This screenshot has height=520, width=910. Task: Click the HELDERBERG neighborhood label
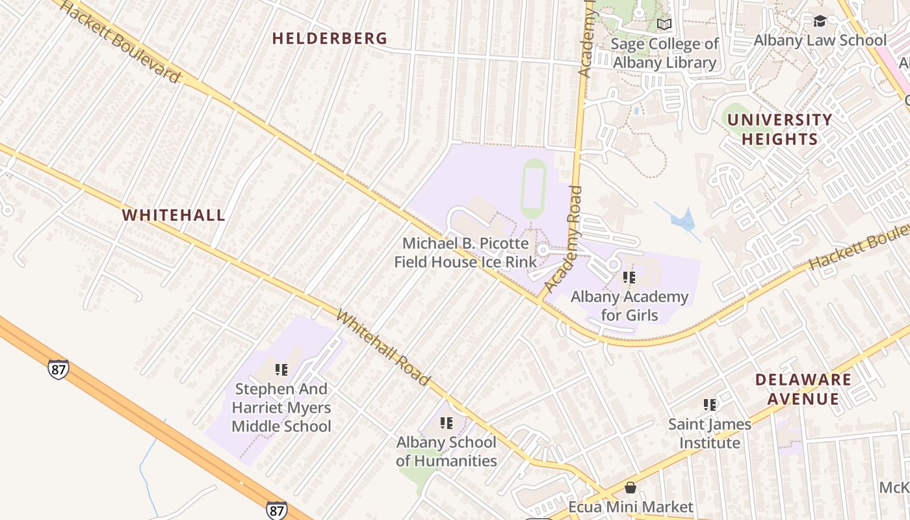(330, 38)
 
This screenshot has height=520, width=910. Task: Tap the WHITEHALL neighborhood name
(174, 215)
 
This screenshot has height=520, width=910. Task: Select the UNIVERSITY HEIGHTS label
(779, 129)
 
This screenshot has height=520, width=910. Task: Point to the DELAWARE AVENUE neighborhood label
(803, 389)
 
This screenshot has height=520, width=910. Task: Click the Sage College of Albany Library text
(665, 53)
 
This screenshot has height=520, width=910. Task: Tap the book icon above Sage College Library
(664, 25)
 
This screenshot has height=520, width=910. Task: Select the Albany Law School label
(820, 40)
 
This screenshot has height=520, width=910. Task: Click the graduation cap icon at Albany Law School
(820, 21)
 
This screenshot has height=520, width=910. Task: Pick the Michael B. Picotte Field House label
(465, 253)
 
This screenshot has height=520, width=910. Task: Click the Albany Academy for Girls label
(629, 305)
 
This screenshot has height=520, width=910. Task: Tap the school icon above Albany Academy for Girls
(629, 278)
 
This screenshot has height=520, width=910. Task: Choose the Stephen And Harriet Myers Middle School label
(281, 408)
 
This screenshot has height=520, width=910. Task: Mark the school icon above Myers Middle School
(281, 370)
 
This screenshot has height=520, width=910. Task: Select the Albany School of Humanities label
(447, 451)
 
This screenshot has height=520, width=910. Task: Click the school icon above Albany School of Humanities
(446, 423)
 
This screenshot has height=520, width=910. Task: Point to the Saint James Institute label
(710, 433)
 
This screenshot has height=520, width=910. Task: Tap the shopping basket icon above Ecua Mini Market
(630, 487)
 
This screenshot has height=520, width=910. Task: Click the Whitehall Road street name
(383, 348)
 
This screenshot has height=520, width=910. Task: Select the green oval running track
(533, 188)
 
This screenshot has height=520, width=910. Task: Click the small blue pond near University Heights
(682, 220)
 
